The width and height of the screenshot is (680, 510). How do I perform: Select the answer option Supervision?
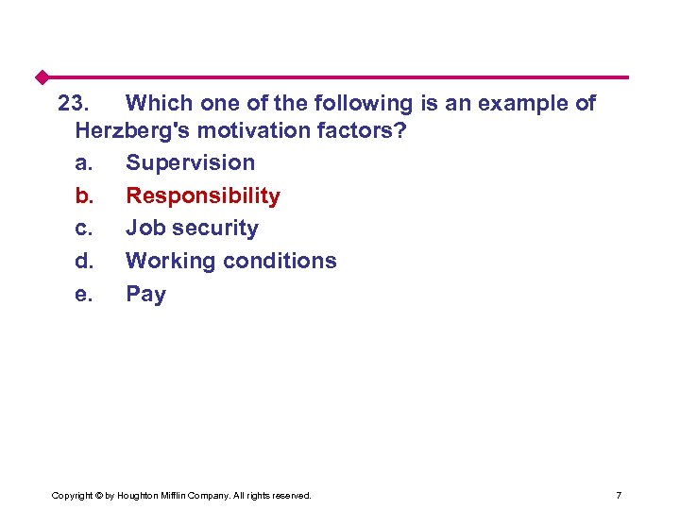coord(190,162)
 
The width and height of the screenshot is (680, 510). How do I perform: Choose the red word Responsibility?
coord(203,195)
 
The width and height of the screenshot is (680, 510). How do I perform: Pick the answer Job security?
coord(192,229)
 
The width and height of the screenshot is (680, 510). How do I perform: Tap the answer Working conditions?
coord(230,261)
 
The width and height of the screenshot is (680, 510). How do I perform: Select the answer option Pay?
coord(145,294)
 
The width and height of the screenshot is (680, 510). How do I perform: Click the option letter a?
coord(83,162)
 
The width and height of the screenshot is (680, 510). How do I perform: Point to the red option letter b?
coord(83,195)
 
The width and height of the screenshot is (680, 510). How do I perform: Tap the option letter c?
coord(83,229)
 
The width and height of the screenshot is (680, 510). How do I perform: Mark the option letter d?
coord(83,261)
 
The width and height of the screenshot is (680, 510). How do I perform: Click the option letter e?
coord(83,294)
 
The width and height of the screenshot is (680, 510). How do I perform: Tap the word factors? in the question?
coord(363,130)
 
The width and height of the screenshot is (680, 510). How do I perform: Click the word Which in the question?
coord(157,103)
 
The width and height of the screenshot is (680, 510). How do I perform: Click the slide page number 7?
coord(618,495)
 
